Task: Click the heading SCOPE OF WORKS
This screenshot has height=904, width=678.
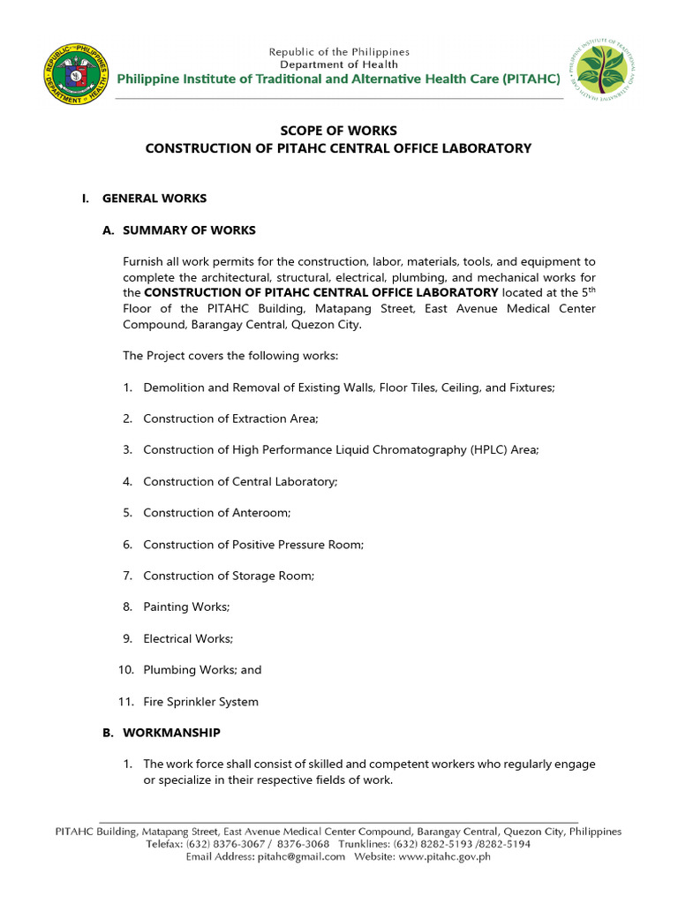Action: (x=338, y=131)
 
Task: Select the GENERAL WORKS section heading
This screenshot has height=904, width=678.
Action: (x=154, y=199)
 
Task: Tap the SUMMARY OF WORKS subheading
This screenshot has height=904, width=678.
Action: (x=189, y=230)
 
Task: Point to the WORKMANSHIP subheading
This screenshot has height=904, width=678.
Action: (x=171, y=733)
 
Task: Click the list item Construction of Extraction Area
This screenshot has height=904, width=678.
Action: (x=230, y=418)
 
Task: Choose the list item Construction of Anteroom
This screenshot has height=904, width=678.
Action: (x=216, y=513)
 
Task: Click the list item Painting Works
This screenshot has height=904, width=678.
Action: (x=186, y=607)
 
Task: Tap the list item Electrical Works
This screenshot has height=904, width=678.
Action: (x=188, y=638)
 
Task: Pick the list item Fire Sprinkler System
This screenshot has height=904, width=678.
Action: (x=201, y=702)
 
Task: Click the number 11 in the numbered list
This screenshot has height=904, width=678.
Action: (x=124, y=702)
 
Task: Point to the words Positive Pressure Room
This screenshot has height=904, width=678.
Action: (x=296, y=545)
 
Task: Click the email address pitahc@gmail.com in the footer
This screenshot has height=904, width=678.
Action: (x=301, y=857)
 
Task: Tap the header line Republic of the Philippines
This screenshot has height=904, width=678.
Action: (x=339, y=52)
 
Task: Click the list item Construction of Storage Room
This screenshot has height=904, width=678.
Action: (x=229, y=576)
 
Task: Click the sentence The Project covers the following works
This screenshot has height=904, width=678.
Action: (x=230, y=356)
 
